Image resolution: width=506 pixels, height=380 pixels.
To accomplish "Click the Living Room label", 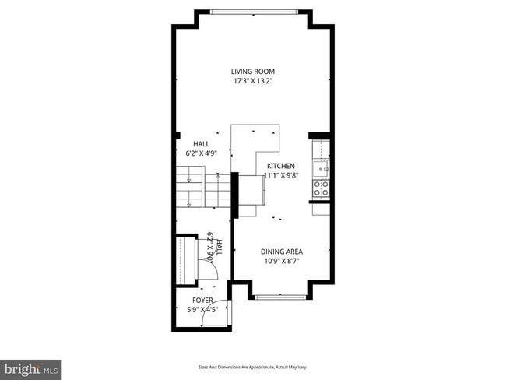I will coord(252,72).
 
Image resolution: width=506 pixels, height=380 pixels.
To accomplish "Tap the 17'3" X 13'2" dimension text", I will coord(252,81).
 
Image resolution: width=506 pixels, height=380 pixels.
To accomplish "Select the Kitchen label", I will coord(280,166).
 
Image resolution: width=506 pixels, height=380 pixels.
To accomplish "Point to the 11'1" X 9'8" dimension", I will coord(282,176).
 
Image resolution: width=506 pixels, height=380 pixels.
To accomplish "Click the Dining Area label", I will coord(281,252).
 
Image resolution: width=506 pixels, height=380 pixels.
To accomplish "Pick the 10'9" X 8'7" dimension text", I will coord(281,261).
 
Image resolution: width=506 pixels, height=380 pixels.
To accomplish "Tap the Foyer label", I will coord(202,300).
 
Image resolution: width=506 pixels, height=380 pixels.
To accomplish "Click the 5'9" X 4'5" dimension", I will coord(202,309).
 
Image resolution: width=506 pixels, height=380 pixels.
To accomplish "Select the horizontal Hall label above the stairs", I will coord(201,144).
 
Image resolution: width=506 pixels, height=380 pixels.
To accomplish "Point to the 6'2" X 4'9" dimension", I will coord(201,153).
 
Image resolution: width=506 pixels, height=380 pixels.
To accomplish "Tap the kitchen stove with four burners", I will coord(320,188).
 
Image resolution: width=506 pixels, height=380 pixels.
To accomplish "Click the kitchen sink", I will coord(320,167).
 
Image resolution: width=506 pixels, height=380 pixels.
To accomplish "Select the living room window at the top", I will coord(252,12).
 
